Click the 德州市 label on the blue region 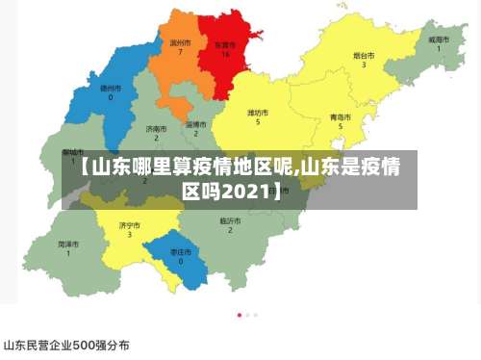(111, 87)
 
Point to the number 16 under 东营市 (224, 54)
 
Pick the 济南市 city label (155, 128)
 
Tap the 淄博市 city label (195, 124)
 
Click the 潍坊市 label (257, 113)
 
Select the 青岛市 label (340, 116)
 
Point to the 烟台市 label (364, 55)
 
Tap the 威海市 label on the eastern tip (439, 39)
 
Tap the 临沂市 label (229, 220)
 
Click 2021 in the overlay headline (246, 192)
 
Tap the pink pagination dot (240, 315)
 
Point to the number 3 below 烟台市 (364, 64)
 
